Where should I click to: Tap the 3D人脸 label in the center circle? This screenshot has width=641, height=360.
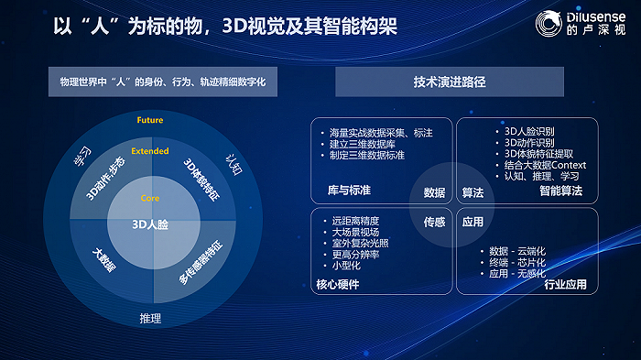149,224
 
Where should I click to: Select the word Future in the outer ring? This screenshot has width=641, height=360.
150,121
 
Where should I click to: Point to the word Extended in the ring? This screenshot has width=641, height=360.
150,151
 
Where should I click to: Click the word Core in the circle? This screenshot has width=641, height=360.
150,199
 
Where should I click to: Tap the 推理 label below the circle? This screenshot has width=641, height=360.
150,319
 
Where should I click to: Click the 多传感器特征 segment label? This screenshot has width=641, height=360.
200,261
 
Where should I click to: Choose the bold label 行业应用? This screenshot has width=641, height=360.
564,284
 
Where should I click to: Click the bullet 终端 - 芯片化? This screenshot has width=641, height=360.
520,261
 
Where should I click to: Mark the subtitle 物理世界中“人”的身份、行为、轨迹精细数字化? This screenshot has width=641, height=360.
163,82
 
